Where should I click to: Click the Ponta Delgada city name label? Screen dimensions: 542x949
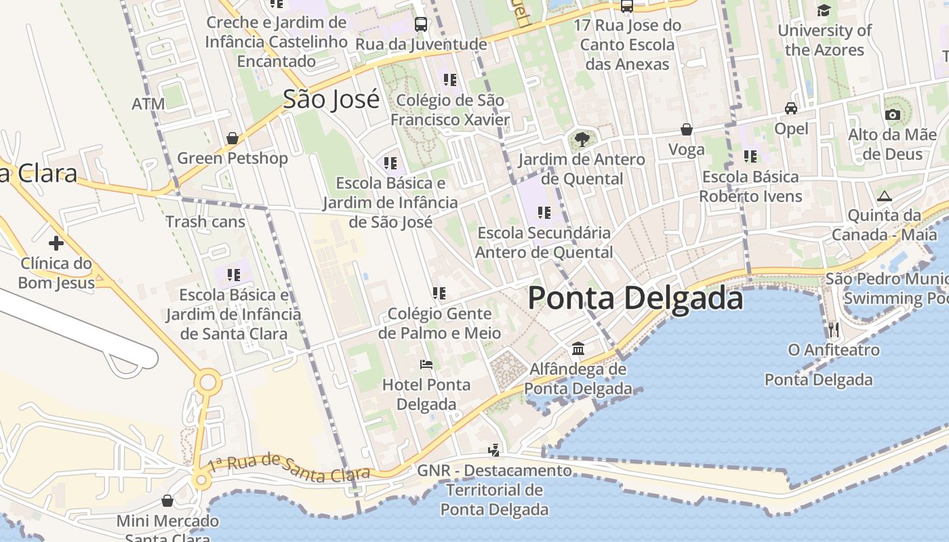pos(635,298)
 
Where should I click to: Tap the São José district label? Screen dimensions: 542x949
pos(331,99)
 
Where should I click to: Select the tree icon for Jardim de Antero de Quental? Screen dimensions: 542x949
pos(582,140)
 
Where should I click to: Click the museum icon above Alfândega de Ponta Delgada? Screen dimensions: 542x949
pos(578,348)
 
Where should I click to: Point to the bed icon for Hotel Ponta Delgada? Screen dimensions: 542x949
pos(426,364)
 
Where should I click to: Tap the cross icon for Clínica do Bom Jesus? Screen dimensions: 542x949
pos(56,243)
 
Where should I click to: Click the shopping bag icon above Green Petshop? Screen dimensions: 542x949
pos(233,138)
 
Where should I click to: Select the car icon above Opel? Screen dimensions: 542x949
pos(791,108)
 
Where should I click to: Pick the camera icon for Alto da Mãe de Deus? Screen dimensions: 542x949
pos(893,114)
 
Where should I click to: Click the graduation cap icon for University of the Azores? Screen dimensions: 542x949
pos(824,10)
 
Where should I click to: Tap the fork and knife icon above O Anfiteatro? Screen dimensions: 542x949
pos(834,330)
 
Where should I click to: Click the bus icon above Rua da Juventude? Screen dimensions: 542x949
pos(421,24)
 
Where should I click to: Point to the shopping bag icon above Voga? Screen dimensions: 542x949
pos(687,129)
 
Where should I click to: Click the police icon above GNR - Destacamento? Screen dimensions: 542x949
pos(494,450)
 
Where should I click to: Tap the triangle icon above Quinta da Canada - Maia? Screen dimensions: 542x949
pos(884,196)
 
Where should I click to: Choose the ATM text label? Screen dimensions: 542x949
pos(148,104)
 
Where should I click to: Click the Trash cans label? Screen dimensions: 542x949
pos(205,222)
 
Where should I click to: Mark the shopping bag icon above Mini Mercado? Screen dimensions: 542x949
pos(167,501)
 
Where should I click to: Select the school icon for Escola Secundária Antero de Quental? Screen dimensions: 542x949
pos(544,213)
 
